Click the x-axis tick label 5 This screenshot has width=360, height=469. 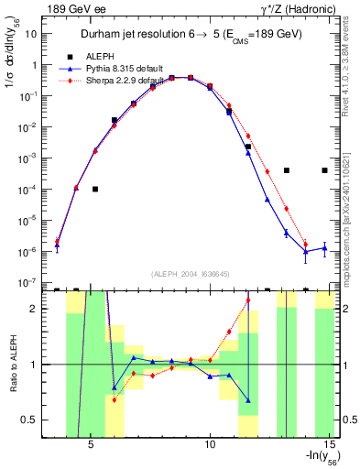(x=91, y=448)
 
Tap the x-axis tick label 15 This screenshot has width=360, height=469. (x=329, y=448)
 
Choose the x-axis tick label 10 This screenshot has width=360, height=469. (x=210, y=448)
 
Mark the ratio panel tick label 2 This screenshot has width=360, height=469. (x=33, y=309)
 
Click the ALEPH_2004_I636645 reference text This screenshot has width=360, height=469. (x=191, y=274)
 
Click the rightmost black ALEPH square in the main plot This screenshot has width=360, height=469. (x=324, y=170)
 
